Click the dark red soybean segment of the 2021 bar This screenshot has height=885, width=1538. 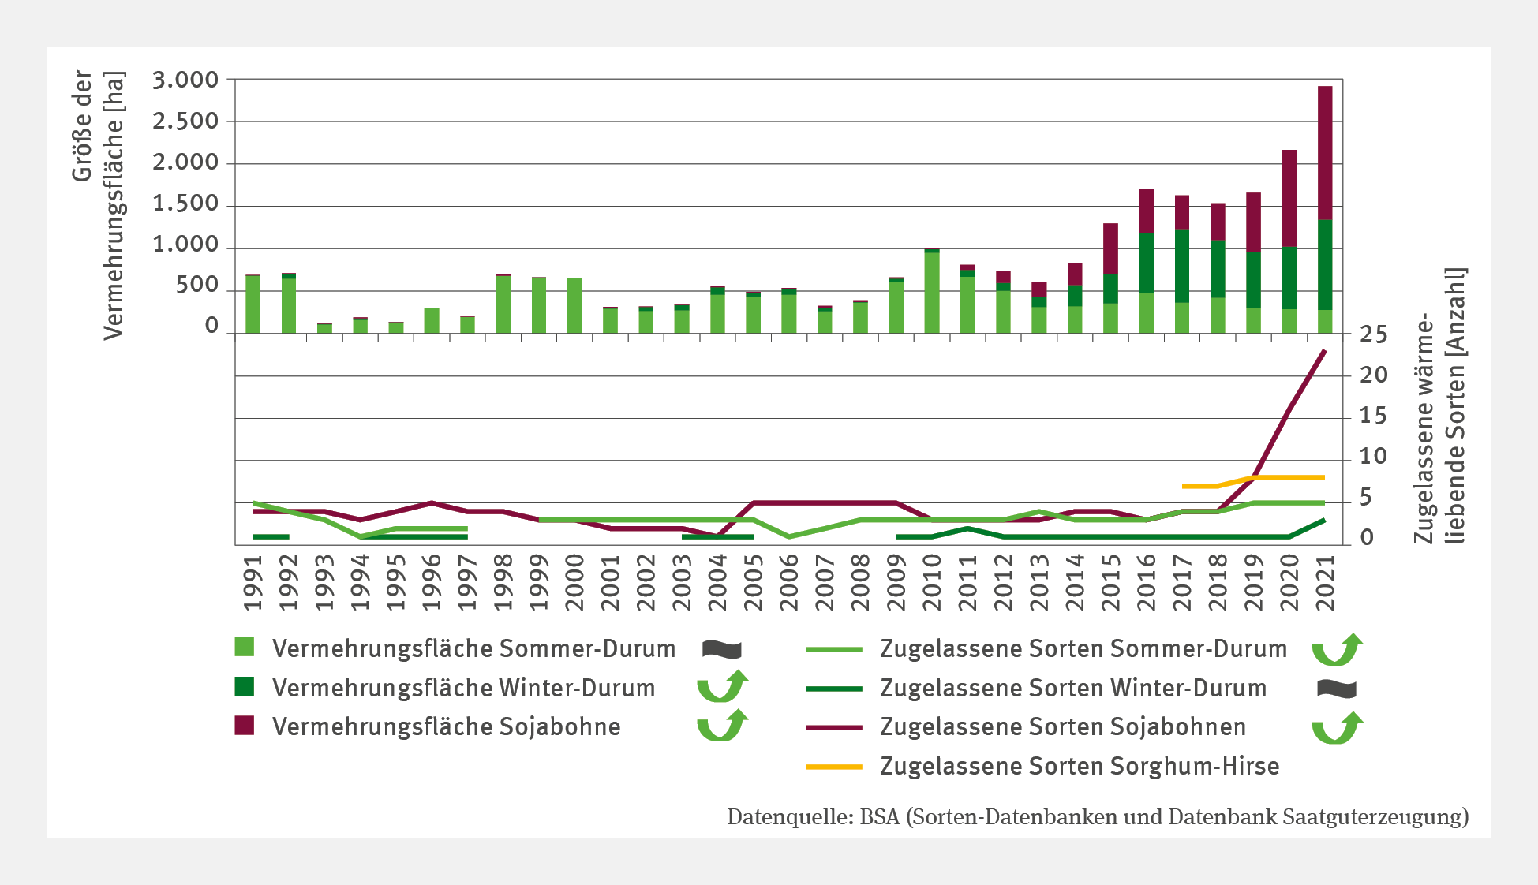coord(1325,153)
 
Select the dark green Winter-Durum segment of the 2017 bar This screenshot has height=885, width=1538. coord(1182,266)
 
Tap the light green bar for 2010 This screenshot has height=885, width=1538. coord(932,293)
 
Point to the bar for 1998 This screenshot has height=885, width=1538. coord(503,304)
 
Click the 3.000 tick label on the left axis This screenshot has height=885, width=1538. coord(185,80)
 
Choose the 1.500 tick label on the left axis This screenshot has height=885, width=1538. coord(185,204)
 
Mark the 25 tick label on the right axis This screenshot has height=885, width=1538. coord(1373,335)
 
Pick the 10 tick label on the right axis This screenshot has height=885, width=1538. coord(1373,457)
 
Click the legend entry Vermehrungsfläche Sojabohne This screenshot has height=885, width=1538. coord(446,726)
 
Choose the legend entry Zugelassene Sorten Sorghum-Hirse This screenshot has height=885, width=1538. coord(1079,766)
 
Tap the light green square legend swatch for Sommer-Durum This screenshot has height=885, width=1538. coord(245,648)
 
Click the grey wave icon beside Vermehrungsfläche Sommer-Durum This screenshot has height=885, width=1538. coord(721,649)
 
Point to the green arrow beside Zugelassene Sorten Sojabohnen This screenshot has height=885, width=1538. coord(1337,727)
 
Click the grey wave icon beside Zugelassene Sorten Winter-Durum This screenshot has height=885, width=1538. coord(1336,689)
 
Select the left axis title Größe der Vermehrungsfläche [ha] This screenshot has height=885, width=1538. coord(99,205)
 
